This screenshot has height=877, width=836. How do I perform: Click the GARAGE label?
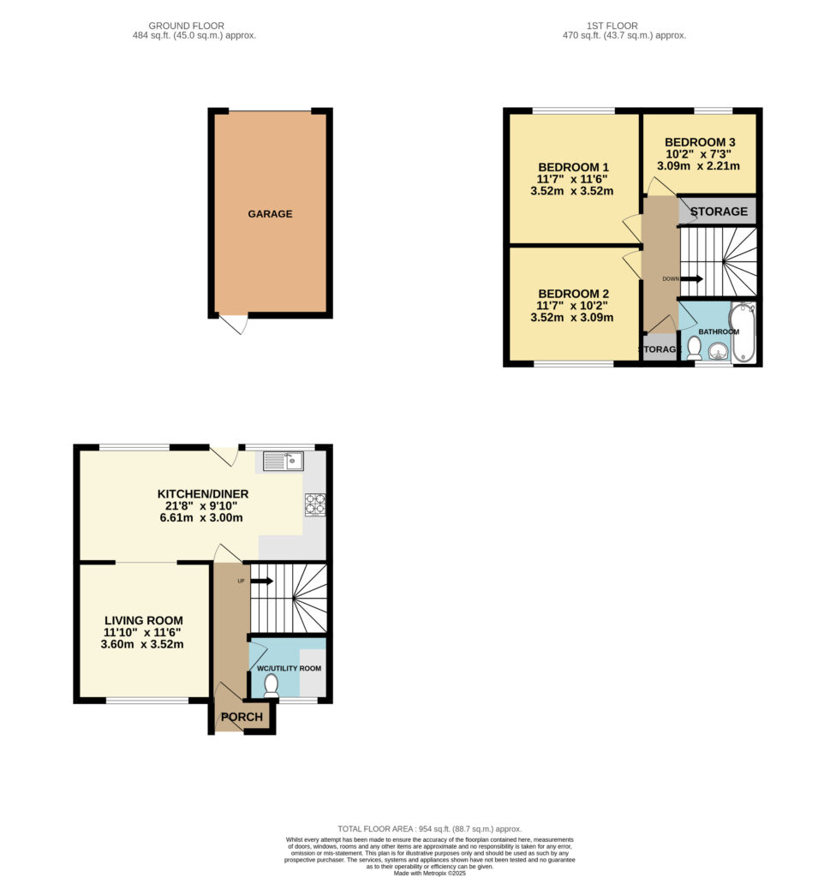270,214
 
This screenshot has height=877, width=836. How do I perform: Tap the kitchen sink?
284,462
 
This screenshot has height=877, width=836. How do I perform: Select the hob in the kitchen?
314,504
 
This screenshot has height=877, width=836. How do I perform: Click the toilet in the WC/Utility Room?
272,684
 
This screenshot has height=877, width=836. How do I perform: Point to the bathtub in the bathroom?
743,332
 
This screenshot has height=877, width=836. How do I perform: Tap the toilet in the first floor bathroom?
694,347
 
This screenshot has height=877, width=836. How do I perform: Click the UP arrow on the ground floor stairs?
261,581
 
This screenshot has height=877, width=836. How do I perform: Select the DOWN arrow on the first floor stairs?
691,278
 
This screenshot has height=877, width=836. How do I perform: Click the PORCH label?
242,717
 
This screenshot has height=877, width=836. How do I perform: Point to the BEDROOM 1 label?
572,166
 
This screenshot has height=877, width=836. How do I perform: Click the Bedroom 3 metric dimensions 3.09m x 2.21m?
698,166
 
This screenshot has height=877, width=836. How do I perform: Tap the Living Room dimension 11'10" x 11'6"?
144,633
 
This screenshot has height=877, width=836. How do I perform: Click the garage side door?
234,325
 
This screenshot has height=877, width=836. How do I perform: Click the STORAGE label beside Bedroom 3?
719,212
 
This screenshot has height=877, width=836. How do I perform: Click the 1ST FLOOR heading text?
624,25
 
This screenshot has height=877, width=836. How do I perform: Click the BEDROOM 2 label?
572,293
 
